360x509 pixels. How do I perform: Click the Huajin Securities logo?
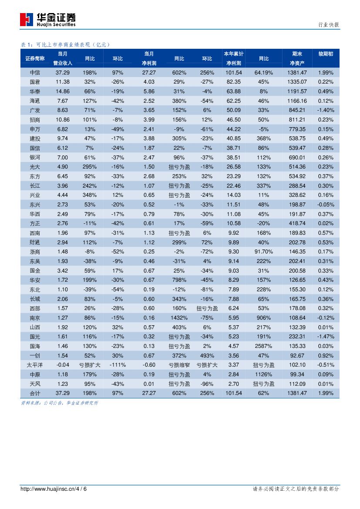(47, 20)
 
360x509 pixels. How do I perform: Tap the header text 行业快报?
(329, 25)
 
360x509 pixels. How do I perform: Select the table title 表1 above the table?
(66, 44)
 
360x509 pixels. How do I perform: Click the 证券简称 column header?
(35, 58)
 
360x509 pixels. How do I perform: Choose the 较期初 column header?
(326, 54)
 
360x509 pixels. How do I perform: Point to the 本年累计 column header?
(234, 54)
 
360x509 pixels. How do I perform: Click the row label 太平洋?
(35, 365)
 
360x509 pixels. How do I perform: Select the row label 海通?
(35, 101)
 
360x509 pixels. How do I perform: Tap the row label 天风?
(35, 384)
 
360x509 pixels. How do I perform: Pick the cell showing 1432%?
(179, 318)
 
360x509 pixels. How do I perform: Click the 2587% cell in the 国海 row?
(264, 346)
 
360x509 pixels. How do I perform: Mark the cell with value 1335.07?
(297, 82)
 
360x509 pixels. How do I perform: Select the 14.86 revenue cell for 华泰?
(63, 91)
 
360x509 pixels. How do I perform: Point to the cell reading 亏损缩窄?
(179, 365)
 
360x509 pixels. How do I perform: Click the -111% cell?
(118, 365)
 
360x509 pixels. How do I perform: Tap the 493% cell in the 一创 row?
(207, 356)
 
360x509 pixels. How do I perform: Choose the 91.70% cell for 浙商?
(264, 252)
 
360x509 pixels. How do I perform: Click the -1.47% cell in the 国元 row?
(326, 337)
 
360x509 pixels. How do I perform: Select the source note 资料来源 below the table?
(60, 403)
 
